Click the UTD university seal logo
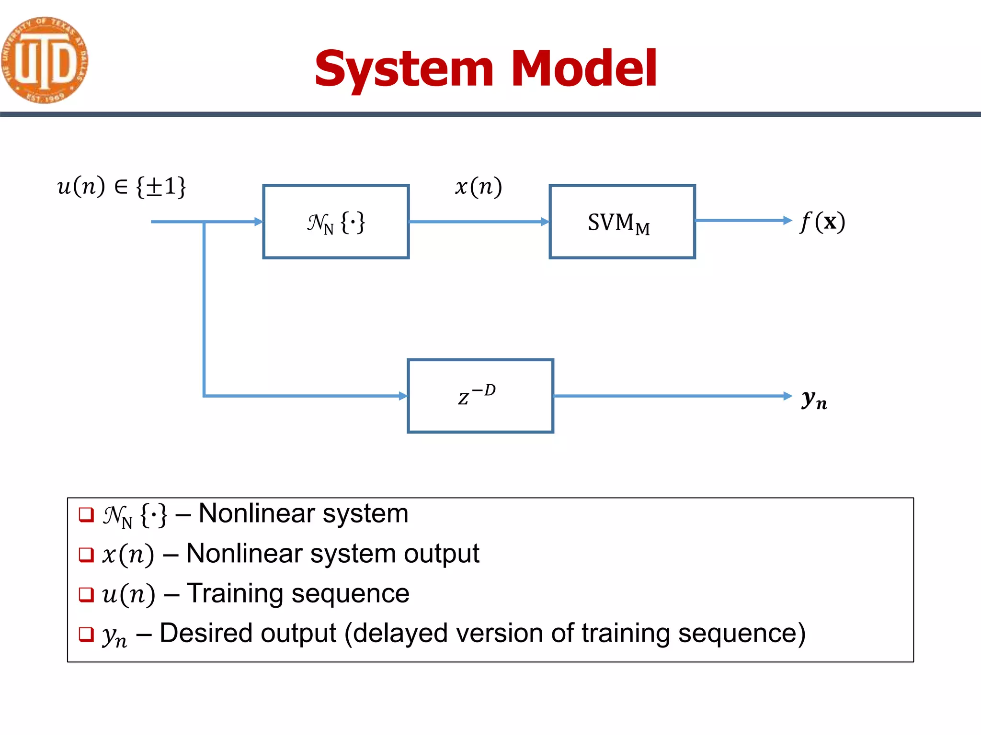(44, 60)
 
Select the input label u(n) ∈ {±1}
(121, 186)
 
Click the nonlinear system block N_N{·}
(336, 222)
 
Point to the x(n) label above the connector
(478, 186)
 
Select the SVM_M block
(622, 222)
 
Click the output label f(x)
(822, 222)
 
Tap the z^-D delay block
(480, 396)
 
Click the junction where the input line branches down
(205, 222)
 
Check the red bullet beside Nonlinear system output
(86, 555)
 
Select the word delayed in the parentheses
(400, 633)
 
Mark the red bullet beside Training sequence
(86, 594)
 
